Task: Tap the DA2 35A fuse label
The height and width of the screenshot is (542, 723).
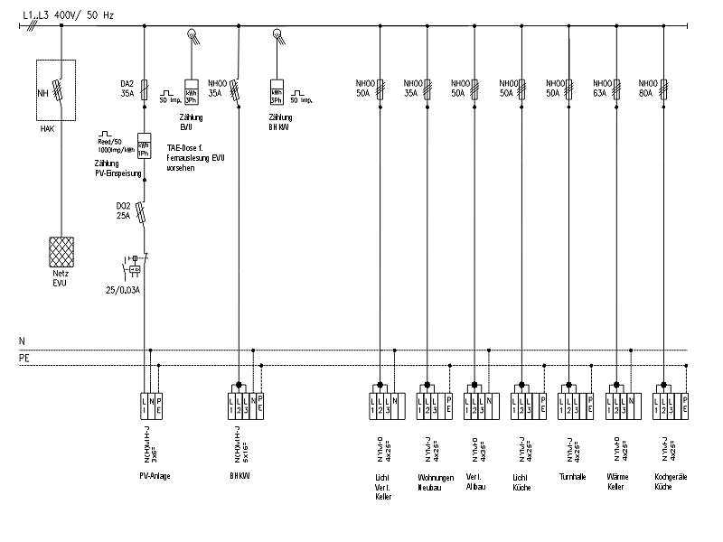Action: click(x=128, y=87)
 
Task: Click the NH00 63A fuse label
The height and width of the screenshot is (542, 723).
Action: click(x=601, y=87)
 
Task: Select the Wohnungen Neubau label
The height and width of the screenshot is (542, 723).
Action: click(x=432, y=481)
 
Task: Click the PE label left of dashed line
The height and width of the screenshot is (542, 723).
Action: click(x=24, y=359)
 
